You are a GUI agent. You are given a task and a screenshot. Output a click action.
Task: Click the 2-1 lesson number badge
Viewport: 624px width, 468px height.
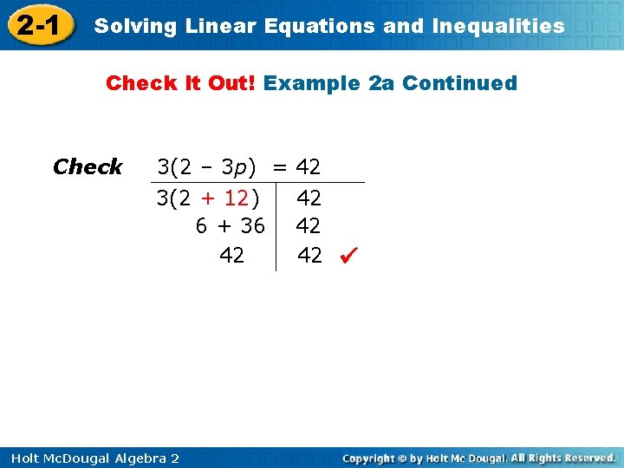37,26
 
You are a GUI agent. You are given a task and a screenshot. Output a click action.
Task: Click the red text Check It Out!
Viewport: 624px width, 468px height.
181,83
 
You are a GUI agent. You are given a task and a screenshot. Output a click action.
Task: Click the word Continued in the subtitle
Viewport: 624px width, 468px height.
459,83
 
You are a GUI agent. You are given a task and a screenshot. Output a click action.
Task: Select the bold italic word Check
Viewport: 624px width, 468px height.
88,166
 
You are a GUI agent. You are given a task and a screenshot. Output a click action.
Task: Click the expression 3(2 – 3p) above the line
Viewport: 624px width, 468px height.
211,166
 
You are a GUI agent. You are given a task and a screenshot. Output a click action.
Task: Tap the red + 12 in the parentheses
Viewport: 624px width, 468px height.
225,198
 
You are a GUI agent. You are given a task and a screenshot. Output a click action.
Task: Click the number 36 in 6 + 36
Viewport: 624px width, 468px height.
252,226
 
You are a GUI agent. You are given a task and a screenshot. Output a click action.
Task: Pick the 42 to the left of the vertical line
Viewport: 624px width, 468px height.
231,255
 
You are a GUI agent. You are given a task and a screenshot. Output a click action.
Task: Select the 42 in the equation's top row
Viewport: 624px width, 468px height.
308,166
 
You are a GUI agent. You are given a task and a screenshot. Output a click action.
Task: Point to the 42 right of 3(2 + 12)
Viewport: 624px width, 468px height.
309,198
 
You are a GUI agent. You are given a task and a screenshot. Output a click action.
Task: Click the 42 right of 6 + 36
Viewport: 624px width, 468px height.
309,226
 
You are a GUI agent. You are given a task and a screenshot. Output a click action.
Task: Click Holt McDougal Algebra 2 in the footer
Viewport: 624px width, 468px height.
91,458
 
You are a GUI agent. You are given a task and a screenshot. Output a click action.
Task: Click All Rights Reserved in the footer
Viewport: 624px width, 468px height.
562,458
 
